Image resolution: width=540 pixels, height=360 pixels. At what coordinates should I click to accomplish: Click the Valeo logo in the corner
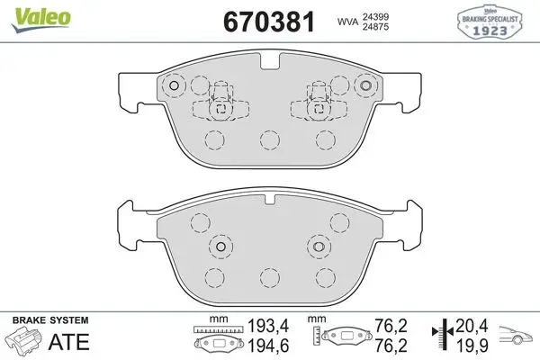tap(40, 20)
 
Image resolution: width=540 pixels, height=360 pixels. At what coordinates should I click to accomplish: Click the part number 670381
tap(269, 22)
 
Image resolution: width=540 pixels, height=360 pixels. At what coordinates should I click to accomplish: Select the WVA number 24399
tap(375, 16)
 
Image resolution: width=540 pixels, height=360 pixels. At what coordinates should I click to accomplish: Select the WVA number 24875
tap(375, 26)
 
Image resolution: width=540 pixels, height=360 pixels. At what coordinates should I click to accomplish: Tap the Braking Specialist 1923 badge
tap(490, 22)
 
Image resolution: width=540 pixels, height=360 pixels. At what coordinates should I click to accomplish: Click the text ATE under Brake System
tap(69, 342)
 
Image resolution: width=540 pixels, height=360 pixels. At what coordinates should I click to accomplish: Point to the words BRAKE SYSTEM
tap(50, 320)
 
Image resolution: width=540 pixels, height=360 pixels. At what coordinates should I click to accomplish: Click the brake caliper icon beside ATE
tap(25, 340)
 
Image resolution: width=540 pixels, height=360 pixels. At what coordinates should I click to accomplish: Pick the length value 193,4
tap(268, 326)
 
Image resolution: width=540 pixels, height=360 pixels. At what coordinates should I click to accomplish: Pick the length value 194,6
tap(268, 346)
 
